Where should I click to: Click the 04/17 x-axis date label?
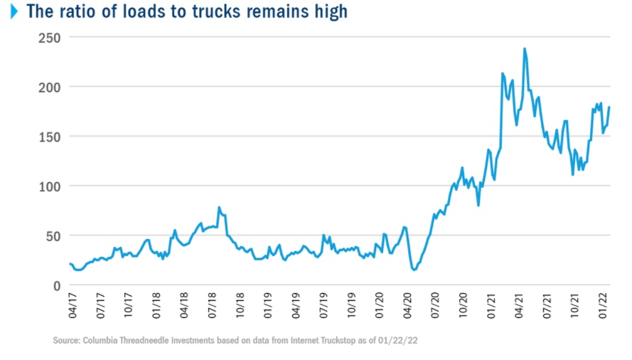point(71,305)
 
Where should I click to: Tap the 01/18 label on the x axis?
point(155,305)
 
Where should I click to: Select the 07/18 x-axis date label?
point(211,305)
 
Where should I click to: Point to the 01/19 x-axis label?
point(267,305)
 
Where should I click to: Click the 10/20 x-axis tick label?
point(464,305)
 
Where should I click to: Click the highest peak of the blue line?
point(525,49)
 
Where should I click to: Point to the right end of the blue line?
point(609,107)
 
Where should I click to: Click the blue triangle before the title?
point(14,11)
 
